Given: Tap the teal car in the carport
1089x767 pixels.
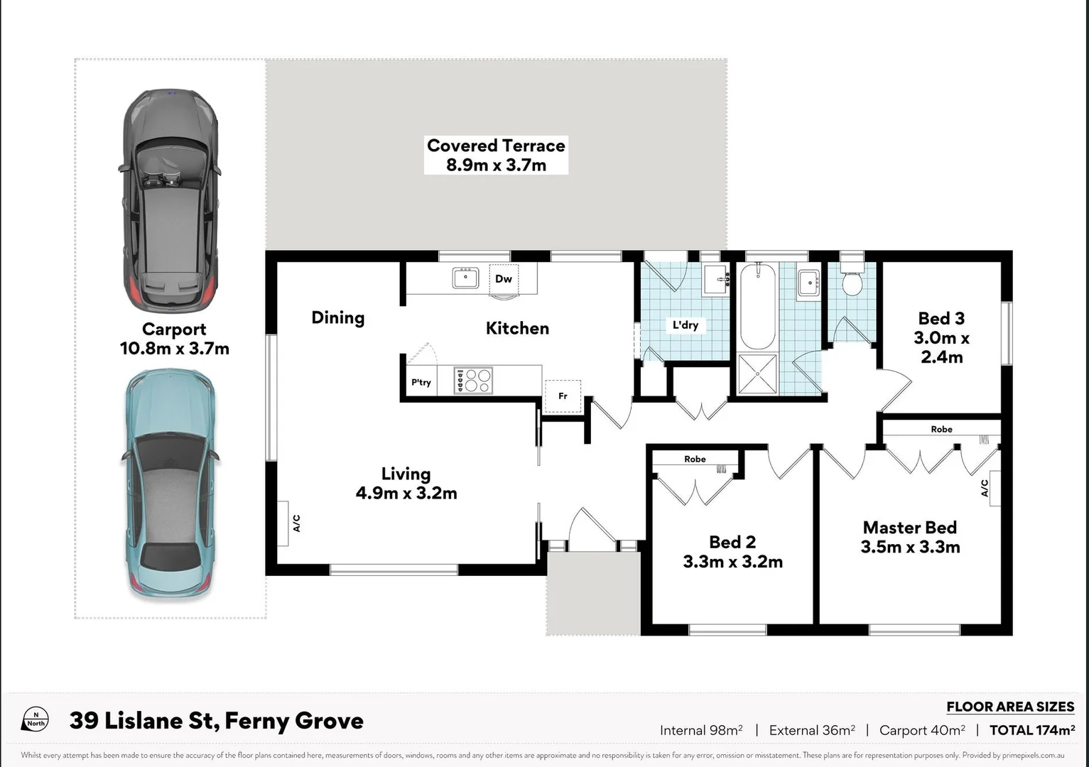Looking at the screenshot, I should (170, 483).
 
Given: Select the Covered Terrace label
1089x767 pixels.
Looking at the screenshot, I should (496, 146).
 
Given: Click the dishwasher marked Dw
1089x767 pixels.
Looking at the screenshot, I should (504, 278).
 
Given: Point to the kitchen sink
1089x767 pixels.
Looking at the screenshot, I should (465, 278).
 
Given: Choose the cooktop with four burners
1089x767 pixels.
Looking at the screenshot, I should (473, 381).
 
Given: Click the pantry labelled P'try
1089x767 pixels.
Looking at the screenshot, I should (421, 382).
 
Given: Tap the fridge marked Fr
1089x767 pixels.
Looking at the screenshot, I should (563, 396).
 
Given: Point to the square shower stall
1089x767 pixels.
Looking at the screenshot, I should (757, 374).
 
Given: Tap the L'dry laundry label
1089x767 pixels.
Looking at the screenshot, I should (686, 325).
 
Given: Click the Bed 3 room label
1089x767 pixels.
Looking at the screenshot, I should (941, 318).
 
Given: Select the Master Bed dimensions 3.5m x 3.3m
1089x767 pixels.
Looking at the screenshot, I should (910, 547).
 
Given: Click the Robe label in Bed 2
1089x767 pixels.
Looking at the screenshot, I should (695, 459).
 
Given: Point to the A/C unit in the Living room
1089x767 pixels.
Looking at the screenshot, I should (283, 523).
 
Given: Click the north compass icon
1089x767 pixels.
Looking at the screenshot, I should (36, 719).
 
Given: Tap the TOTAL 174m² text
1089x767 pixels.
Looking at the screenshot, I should (1031, 730).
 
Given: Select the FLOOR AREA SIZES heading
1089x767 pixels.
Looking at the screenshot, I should (1010, 707).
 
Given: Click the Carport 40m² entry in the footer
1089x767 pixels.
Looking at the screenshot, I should (921, 730).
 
